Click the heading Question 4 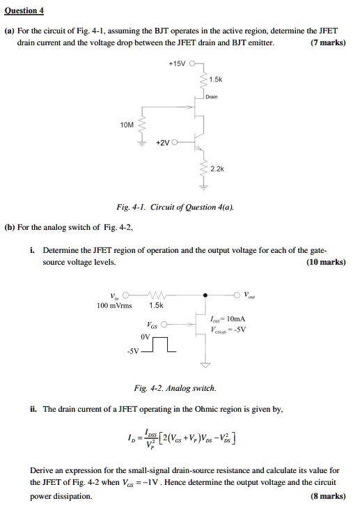point(24,10)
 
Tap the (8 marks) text point(328,495)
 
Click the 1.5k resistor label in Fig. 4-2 point(157,304)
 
